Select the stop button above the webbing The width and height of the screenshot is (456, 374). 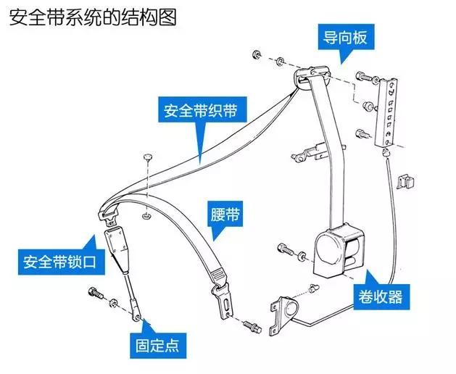click(147, 157)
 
